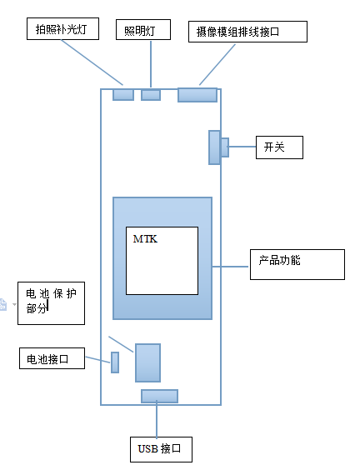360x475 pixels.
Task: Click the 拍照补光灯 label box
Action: click(x=62, y=29)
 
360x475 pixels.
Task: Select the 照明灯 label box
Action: click(x=143, y=30)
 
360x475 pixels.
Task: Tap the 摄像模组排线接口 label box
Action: click(x=247, y=32)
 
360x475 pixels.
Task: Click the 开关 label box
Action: click(x=279, y=147)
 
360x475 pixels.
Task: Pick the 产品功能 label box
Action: click(x=297, y=264)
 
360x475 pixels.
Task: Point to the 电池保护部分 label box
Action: click(x=51, y=303)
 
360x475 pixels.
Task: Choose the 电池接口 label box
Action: click(x=52, y=358)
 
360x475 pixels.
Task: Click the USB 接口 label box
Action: click(x=161, y=449)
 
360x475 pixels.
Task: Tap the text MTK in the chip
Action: click(x=145, y=239)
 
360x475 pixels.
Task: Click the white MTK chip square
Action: click(x=162, y=261)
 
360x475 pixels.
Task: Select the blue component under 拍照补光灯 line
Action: click(x=123, y=94)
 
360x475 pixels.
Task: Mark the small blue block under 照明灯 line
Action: click(x=151, y=95)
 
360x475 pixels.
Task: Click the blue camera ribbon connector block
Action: click(x=197, y=95)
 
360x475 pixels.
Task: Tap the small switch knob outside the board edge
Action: click(x=225, y=147)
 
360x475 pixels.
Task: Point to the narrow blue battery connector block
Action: click(x=115, y=362)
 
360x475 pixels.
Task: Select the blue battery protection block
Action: click(x=147, y=362)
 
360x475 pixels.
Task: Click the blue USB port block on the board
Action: click(x=159, y=396)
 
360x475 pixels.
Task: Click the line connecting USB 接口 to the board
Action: click(x=157, y=419)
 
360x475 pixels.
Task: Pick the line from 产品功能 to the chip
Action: click(x=230, y=267)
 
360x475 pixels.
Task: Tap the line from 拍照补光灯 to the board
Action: click(x=92, y=62)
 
